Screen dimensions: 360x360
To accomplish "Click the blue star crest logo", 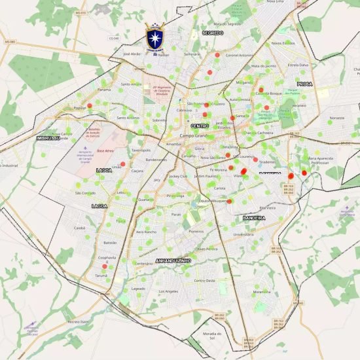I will [x=154, y=37].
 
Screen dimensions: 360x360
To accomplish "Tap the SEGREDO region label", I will [x=213, y=32].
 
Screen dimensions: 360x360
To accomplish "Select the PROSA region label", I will [x=304, y=84].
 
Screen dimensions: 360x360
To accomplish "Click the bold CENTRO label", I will [x=200, y=126].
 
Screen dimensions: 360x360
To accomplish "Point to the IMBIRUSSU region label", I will [x=48, y=138].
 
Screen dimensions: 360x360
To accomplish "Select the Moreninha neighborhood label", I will [x=262, y=292].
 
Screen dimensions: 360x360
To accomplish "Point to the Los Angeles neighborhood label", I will [x=168, y=291].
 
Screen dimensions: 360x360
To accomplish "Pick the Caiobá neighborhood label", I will [x=80, y=228].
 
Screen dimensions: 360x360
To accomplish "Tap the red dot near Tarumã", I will [x=105, y=266].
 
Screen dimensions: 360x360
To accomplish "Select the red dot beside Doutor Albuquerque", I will [x=230, y=201].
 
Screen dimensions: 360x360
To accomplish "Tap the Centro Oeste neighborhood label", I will [x=204, y=280].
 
